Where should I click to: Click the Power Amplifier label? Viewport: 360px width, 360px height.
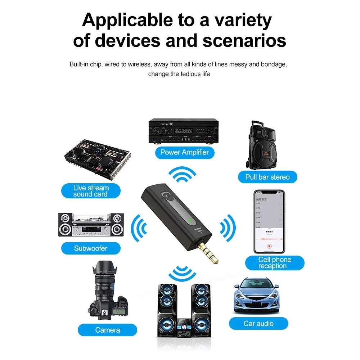pyautogui.click(x=184, y=152)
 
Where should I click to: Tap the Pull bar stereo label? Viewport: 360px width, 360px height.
pyautogui.click(x=267, y=177)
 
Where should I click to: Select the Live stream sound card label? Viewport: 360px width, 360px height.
pyautogui.click(x=90, y=191)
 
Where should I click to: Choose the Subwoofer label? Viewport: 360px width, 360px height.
pyautogui.click(x=91, y=248)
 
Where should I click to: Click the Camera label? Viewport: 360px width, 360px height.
pyautogui.click(x=108, y=330)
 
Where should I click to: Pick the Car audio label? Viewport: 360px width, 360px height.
pyautogui.click(x=258, y=323)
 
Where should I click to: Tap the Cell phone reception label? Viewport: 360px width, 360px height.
pyautogui.click(x=274, y=263)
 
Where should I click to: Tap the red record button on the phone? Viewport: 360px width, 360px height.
pyautogui.click(x=269, y=247)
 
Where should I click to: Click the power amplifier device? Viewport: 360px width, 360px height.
pyautogui.click(x=184, y=132)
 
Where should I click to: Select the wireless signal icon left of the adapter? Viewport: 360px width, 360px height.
pyautogui.click(x=139, y=228)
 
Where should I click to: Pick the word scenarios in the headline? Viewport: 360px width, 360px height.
pyautogui.click(x=244, y=40)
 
